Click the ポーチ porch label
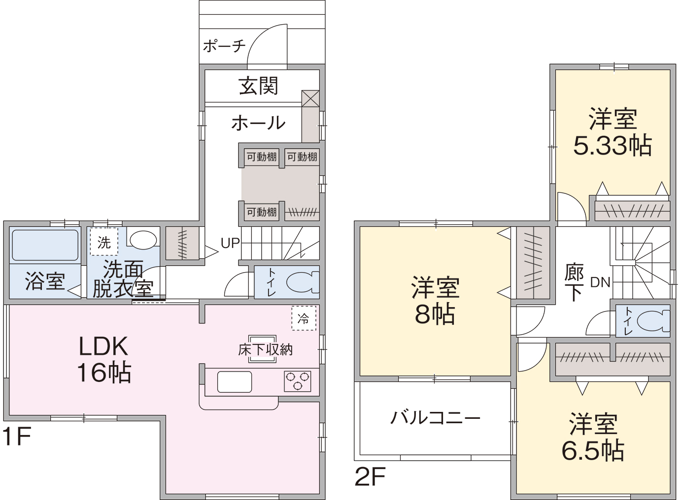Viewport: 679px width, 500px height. [x=224, y=46]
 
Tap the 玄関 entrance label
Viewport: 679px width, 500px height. [x=258, y=86]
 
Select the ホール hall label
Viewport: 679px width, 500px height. [x=258, y=123]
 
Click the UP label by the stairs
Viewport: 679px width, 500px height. [x=230, y=243]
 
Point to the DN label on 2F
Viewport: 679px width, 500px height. [x=600, y=282]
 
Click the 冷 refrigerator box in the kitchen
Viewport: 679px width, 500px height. [x=304, y=318]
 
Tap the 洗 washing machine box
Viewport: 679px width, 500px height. [x=104, y=242]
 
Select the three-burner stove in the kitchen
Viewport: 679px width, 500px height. [x=298, y=381]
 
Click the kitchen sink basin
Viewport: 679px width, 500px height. [x=235, y=382]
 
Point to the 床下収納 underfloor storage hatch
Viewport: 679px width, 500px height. [x=263, y=349]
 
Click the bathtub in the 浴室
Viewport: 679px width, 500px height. [x=45, y=245]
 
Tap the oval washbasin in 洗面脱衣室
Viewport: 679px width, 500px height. [x=143, y=240]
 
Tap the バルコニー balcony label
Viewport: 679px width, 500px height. [x=435, y=418]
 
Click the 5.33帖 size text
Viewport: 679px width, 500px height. [x=612, y=146]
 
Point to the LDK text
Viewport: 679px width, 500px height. [x=103, y=346]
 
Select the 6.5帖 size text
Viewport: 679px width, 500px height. [x=593, y=451]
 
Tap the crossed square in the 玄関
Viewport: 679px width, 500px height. [x=311, y=98]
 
